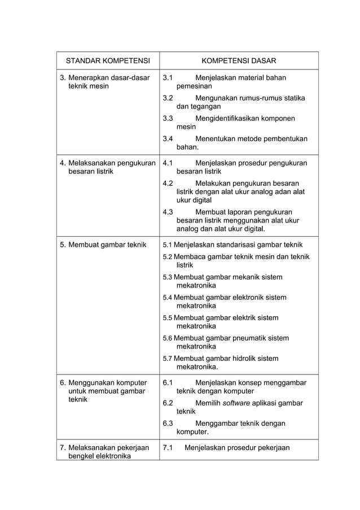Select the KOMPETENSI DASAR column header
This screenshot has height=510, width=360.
point(239,60)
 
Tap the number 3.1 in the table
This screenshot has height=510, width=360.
point(168,78)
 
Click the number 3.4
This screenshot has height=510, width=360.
point(168,138)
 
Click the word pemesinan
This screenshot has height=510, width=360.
point(194,87)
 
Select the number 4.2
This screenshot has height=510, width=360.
point(168,183)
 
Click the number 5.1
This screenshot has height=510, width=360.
point(168,245)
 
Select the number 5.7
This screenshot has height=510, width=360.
point(168,358)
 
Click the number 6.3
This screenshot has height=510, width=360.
point(168,424)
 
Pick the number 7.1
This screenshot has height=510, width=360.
point(168,448)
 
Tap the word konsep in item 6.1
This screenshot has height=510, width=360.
point(248,383)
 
